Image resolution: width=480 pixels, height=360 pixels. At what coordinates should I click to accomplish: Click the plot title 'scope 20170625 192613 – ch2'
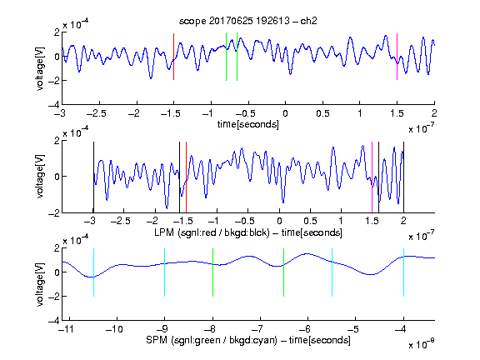tap(248, 21)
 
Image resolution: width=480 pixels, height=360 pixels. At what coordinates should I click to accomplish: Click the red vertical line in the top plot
tap(173, 57)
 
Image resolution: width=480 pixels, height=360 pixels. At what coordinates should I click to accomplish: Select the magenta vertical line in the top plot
tap(397, 57)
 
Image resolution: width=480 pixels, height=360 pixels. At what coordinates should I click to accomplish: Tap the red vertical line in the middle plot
tap(186, 177)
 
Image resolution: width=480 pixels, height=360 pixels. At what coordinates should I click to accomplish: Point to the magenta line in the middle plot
tap(372, 177)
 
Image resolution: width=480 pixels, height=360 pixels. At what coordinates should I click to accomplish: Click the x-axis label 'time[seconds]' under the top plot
tap(248, 124)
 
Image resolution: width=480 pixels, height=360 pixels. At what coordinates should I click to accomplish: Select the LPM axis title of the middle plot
tap(248, 232)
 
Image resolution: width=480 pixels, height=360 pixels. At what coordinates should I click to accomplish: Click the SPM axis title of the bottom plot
tap(248, 340)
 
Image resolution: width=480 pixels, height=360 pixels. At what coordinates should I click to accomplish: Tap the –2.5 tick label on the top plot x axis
tap(97, 113)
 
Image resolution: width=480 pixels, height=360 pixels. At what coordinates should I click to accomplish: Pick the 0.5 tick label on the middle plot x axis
tap(310, 221)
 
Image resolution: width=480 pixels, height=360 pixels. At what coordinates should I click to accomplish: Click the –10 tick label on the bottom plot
tap(114, 329)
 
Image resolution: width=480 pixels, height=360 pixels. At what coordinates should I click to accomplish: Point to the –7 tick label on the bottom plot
tap(259, 329)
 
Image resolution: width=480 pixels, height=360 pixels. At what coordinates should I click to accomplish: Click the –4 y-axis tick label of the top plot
tap(54, 105)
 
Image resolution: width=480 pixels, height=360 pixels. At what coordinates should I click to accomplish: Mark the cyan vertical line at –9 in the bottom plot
tap(165, 272)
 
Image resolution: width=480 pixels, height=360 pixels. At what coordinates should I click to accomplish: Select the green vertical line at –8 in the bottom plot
tap(212, 272)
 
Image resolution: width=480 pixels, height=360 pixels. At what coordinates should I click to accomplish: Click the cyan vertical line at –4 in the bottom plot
tap(404, 272)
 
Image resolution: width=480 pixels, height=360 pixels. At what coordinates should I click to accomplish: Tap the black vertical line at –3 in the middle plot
tap(93, 177)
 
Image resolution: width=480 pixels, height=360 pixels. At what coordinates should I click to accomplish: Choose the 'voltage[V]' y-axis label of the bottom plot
tap(40, 284)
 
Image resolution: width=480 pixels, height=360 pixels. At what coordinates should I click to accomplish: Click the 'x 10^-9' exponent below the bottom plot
tap(422, 344)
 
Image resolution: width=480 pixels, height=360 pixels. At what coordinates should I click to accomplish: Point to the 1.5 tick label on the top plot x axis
tap(397, 113)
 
